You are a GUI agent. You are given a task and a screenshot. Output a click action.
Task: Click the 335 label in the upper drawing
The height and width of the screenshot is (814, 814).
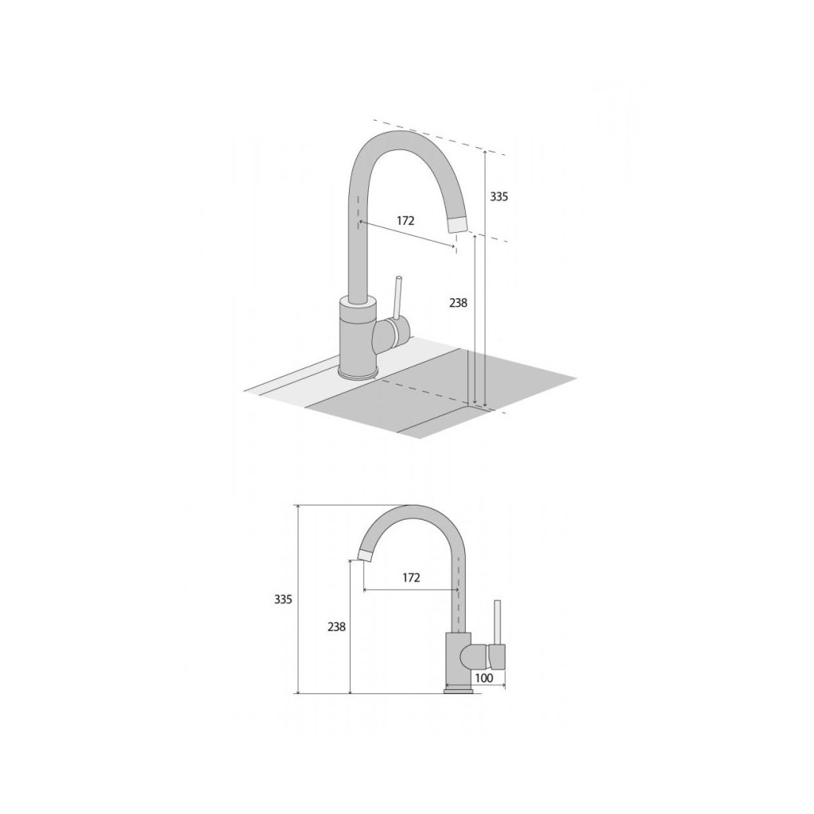[x=499, y=197]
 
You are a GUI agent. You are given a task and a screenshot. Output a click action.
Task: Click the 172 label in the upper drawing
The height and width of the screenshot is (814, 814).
[x=406, y=221]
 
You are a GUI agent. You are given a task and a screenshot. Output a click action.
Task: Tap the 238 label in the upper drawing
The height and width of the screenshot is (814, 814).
[x=459, y=303]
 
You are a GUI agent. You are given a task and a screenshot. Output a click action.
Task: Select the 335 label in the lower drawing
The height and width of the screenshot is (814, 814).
[x=284, y=599]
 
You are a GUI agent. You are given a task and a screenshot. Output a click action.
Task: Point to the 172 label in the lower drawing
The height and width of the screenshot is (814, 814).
[x=411, y=578]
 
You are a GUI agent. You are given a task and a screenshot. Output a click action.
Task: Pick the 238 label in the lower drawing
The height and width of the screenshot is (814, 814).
[x=336, y=627]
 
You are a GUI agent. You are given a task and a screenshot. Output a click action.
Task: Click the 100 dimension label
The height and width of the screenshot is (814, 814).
[x=484, y=678]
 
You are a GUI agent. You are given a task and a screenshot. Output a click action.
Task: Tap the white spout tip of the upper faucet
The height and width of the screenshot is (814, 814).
[x=458, y=224]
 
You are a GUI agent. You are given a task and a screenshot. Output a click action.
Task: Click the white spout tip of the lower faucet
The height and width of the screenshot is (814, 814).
[x=366, y=554]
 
